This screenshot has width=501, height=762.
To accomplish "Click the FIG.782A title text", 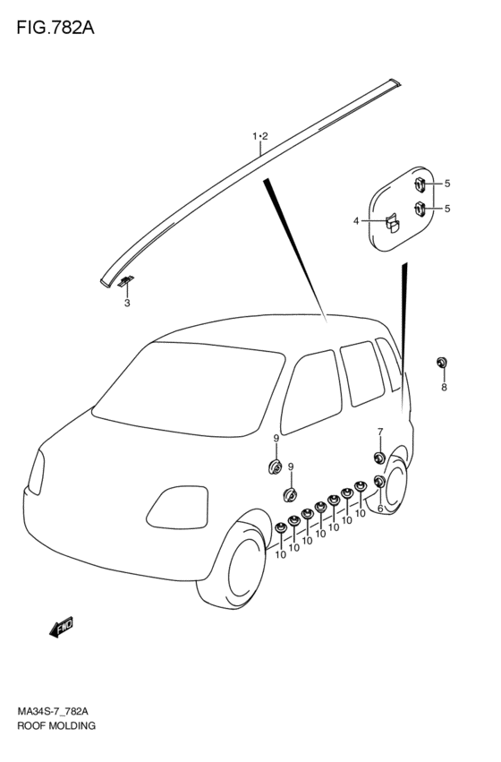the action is (55, 28).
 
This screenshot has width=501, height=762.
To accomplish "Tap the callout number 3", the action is (127, 304).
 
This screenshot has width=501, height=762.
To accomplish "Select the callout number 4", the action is (356, 221).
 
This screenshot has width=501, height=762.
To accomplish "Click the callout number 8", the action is (444, 388).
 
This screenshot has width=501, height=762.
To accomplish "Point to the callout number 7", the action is (380, 431).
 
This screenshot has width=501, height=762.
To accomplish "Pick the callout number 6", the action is (379, 509).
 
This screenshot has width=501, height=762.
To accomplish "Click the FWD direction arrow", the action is (62, 627).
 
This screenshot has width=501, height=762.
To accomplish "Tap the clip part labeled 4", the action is (393, 224).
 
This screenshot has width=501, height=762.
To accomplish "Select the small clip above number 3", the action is (126, 281).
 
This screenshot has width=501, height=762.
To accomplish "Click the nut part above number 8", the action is (442, 362).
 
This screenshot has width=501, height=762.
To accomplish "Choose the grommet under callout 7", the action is (379, 458).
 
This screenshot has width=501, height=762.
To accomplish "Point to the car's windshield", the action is (189, 389).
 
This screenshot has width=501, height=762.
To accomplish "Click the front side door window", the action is (311, 391).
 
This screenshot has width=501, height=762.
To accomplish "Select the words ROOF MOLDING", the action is (56, 725).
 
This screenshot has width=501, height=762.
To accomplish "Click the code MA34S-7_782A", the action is (53, 712).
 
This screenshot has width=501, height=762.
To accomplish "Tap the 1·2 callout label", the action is (260, 137).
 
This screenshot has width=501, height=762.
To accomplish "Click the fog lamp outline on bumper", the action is (177, 508).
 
